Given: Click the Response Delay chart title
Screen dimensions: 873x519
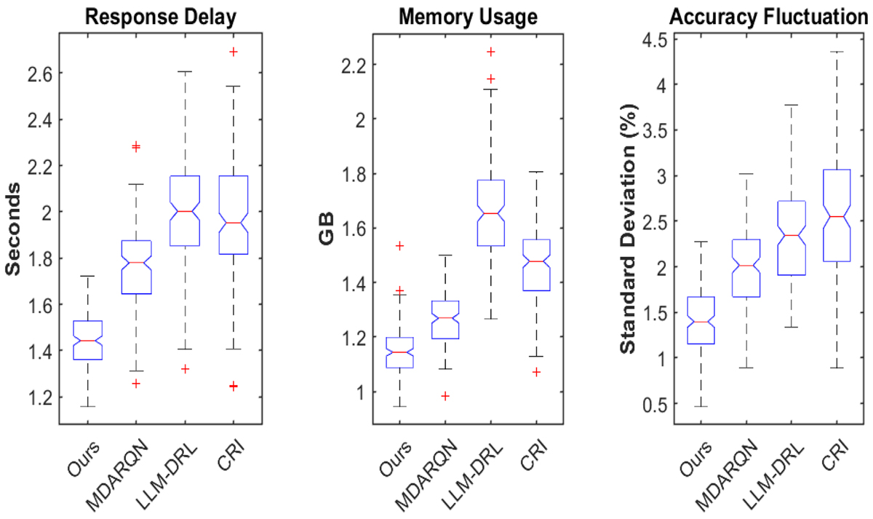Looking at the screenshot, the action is coord(161,18).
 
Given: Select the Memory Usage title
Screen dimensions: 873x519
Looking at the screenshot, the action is coord(468,18).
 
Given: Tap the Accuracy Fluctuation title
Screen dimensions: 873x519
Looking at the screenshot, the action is coord(768,17).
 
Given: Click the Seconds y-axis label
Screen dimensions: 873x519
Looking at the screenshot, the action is coord(13,229).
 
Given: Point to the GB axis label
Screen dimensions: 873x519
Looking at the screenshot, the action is coord(327,228).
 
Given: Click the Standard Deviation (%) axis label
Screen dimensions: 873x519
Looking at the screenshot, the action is coord(627,229).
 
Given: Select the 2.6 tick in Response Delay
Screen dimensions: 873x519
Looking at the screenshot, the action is coord(39,74).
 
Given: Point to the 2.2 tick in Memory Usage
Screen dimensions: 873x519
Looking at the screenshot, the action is coord(354,65).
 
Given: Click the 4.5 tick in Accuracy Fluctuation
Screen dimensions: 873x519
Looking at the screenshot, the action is coord(655,40).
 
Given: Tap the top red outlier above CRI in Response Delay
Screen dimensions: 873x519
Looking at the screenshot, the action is coord(233,52).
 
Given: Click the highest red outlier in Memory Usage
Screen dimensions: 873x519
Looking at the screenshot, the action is coord(490,52).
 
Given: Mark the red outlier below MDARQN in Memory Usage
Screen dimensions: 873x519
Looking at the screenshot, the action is coord(445,396).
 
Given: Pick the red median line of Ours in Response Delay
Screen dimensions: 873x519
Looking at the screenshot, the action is coord(88,341).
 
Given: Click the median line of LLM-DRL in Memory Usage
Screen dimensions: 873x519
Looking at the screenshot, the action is coord(490,213).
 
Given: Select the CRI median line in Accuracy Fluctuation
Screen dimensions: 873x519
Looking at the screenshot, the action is coord(837,216).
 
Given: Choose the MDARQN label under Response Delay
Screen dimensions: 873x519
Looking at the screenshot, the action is coord(118,474).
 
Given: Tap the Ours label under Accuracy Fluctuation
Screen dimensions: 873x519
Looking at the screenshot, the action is coord(695,459).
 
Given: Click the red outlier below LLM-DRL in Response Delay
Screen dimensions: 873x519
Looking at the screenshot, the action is coord(185,369).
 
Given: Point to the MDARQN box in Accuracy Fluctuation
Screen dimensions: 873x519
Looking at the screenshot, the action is coord(746,268).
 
